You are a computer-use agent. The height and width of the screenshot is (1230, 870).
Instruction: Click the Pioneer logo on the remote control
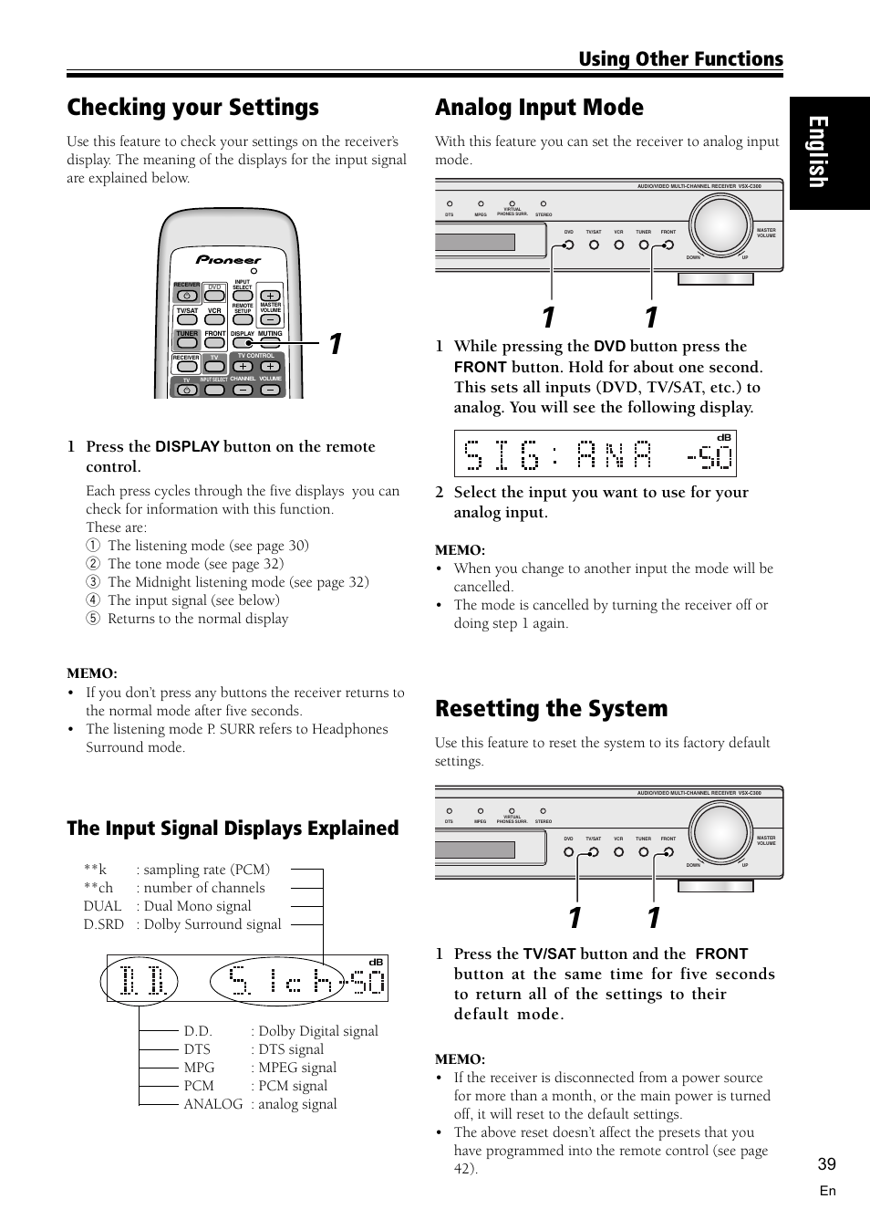point(229,259)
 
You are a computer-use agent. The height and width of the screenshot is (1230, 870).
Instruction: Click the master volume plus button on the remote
point(270,296)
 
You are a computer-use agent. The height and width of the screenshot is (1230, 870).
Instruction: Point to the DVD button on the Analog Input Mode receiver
point(569,245)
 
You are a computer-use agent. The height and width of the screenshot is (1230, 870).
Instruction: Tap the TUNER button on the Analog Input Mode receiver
point(644,245)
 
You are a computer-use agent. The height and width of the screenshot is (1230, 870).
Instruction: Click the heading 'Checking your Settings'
point(192,108)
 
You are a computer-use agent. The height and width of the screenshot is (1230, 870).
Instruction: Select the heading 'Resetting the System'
point(551,709)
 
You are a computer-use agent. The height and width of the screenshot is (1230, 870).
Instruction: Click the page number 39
point(826,1163)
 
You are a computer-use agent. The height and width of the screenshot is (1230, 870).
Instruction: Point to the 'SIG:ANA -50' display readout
point(596,453)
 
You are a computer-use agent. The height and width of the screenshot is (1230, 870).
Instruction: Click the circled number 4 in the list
point(92,600)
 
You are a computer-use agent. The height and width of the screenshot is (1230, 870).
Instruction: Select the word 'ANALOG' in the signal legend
point(213,1104)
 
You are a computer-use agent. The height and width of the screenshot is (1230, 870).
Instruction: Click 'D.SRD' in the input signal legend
point(103,924)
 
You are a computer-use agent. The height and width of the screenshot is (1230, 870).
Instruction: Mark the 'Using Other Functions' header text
point(680,59)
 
